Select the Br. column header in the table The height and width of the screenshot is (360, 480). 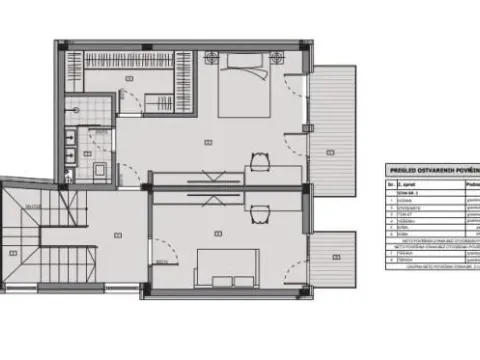coord(389,185)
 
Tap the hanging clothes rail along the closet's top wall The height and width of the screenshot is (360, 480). coord(130,53)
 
